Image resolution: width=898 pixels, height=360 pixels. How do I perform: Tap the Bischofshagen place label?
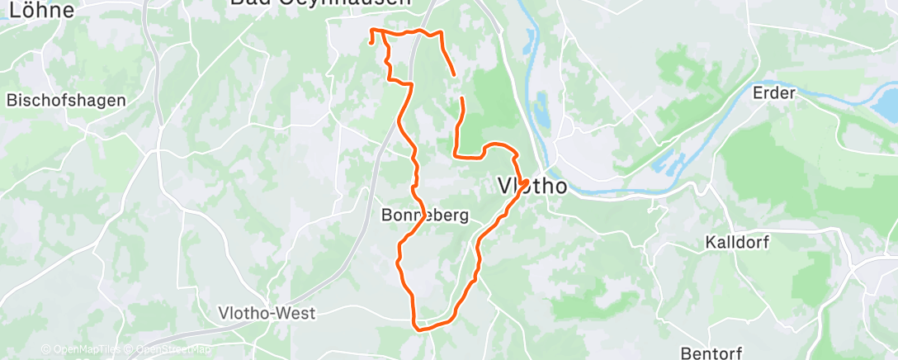[x=66, y=100]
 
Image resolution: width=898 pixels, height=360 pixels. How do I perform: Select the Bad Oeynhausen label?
[x=320, y=3]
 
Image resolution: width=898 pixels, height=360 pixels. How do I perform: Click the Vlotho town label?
[x=533, y=186]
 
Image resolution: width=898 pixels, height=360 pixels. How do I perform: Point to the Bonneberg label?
[x=425, y=216]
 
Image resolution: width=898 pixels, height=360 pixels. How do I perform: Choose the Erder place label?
[x=773, y=92]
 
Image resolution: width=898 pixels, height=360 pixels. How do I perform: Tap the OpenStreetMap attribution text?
[x=170, y=350]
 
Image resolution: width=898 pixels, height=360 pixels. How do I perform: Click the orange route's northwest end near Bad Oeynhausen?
[x=371, y=40]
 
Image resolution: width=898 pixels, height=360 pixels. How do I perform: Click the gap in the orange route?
[x=458, y=87]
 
